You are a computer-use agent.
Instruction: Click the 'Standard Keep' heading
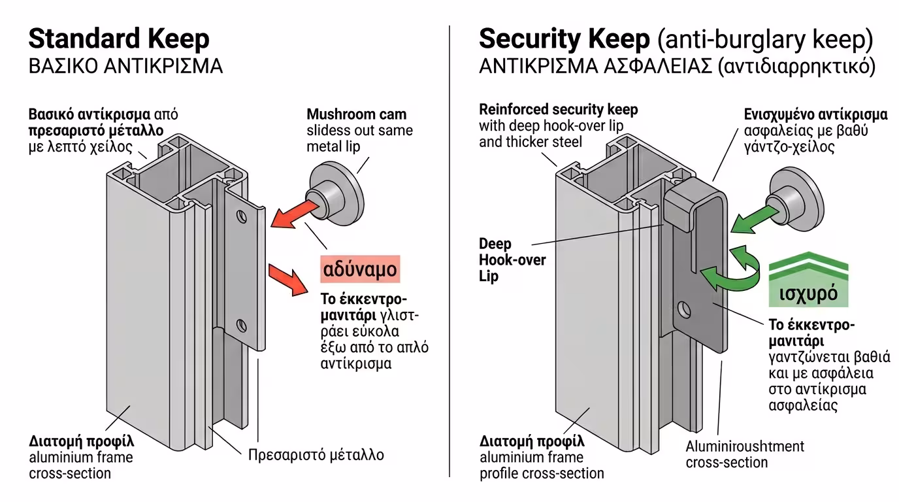(x=119, y=39)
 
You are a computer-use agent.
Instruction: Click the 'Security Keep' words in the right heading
(x=564, y=39)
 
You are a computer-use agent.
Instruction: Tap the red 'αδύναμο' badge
(x=359, y=269)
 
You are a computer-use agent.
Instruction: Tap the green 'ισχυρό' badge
(x=808, y=293)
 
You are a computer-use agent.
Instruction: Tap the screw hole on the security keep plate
(x=684, y=307)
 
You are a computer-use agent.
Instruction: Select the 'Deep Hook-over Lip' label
(x=512, y=260)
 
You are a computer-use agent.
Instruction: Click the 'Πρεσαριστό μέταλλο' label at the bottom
(x=316, y=454)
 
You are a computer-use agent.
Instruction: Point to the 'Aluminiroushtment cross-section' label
(x=745, y=454)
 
